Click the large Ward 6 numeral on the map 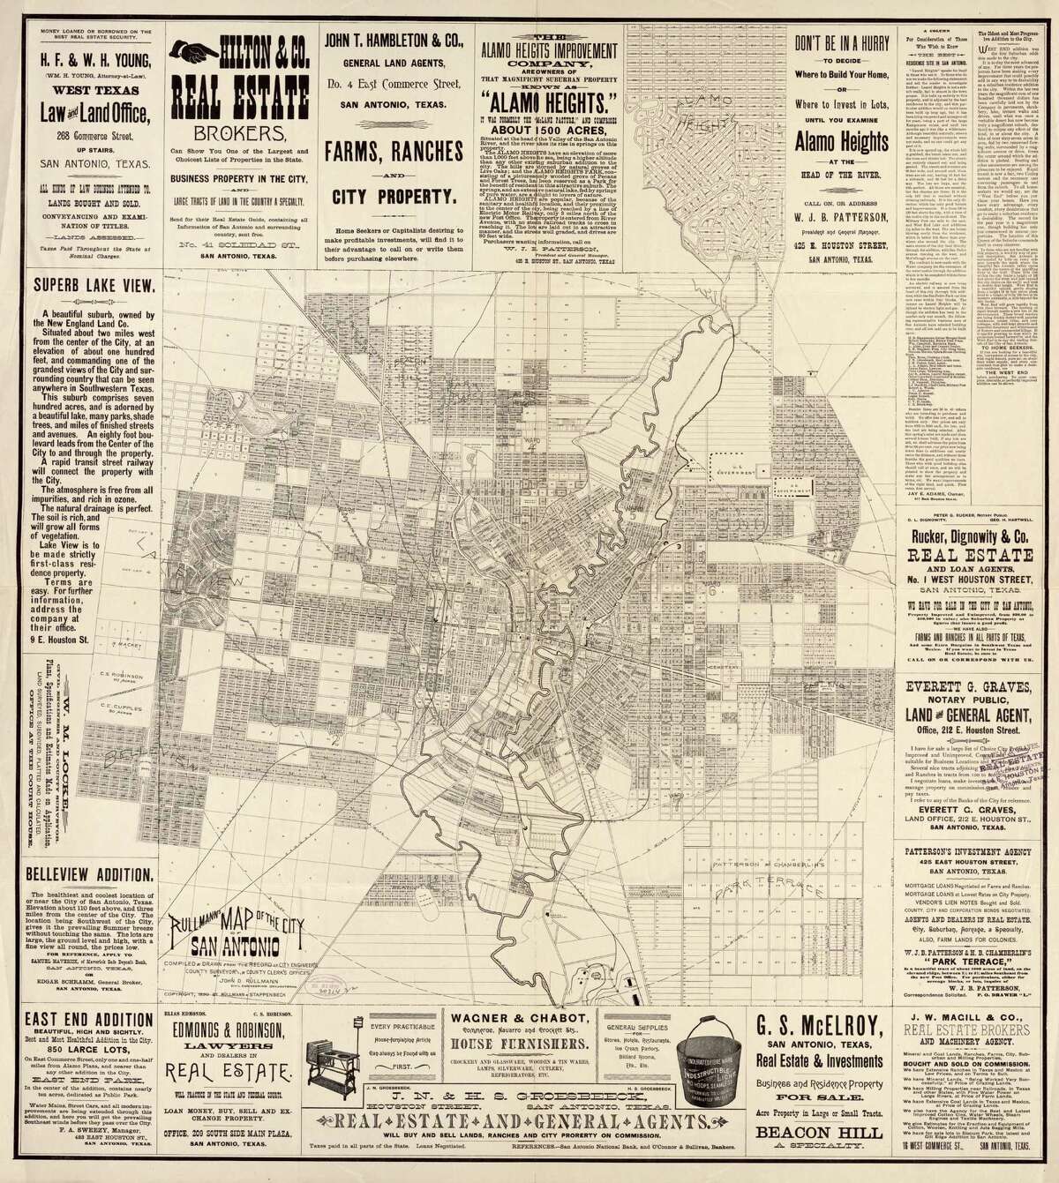pyautogui.click(x=710, y=588)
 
